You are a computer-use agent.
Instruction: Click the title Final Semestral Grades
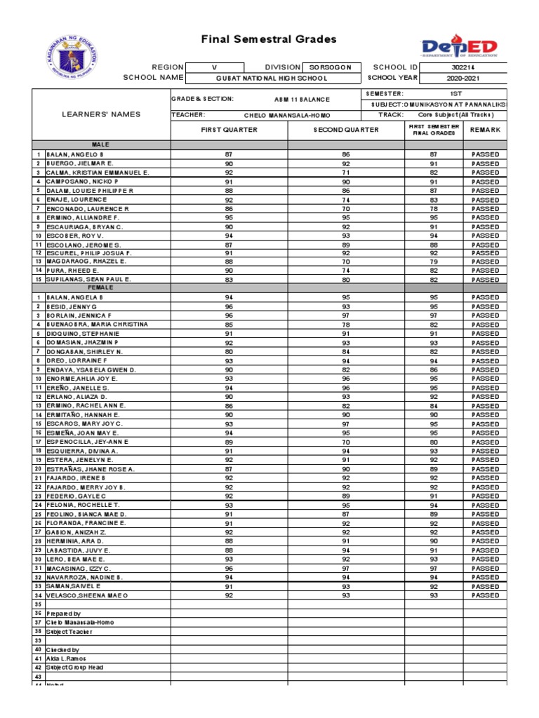click(x=269, y=40)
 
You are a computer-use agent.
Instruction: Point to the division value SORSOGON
click(x=332, y=67)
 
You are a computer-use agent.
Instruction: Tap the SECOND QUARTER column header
click(x=346, y=130)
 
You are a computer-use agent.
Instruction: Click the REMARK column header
click(x=485, y=130)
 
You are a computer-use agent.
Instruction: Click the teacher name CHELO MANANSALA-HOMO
click(x=286, y=114)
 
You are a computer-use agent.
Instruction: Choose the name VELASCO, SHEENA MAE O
click(x=87, y=595)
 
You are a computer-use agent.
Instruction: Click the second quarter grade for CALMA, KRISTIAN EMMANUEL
click(x=345, y=172)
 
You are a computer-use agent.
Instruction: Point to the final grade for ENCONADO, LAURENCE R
click(x=433, y=209)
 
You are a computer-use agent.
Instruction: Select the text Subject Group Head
click(x=75, y=668)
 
